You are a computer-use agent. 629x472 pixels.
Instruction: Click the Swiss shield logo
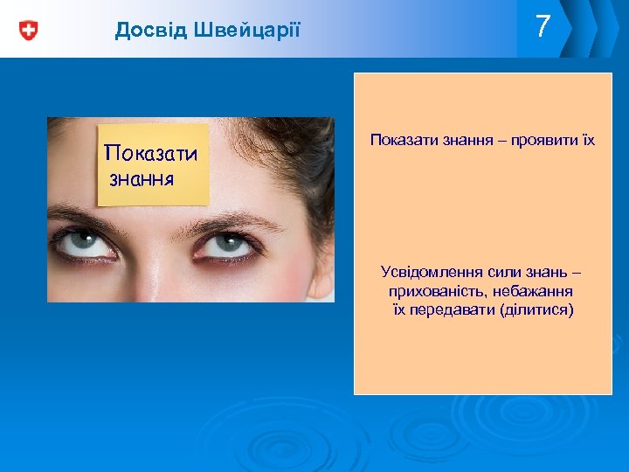coord(29,31)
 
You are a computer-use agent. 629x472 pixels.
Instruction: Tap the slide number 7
coord(543,27)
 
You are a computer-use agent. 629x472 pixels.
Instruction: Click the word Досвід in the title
coord(145,31)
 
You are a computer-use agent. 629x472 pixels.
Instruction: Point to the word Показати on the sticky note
coord(151,154)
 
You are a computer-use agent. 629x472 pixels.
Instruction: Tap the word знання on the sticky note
coord(142,179)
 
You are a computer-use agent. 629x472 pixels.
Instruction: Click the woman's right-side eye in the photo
coord(229,246)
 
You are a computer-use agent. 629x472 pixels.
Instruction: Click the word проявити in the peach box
coord(543,139)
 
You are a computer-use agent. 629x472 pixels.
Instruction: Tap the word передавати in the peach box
coord(451,309)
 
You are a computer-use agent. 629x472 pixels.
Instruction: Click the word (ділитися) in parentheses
coord(536,309)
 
